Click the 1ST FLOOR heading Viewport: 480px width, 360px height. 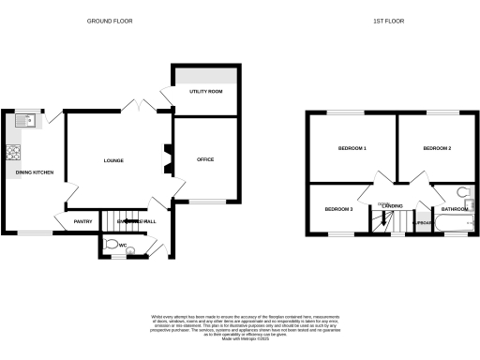[x=389, y=20]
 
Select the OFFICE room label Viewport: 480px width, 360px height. [x=205, y=159]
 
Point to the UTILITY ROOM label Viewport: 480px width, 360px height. [x=203, y=91]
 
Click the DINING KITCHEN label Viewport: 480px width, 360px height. [x=35, y=172]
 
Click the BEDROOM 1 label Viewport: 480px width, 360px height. [x=352, y=149]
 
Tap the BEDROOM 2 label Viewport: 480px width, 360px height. [x=437, y=149]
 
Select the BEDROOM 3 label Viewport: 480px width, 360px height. [x=338, y=208]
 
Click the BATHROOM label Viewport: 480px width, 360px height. [x=456, y=208]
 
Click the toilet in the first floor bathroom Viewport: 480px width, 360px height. [x=469, y=194]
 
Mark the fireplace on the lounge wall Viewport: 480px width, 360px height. [x=166, y=158]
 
